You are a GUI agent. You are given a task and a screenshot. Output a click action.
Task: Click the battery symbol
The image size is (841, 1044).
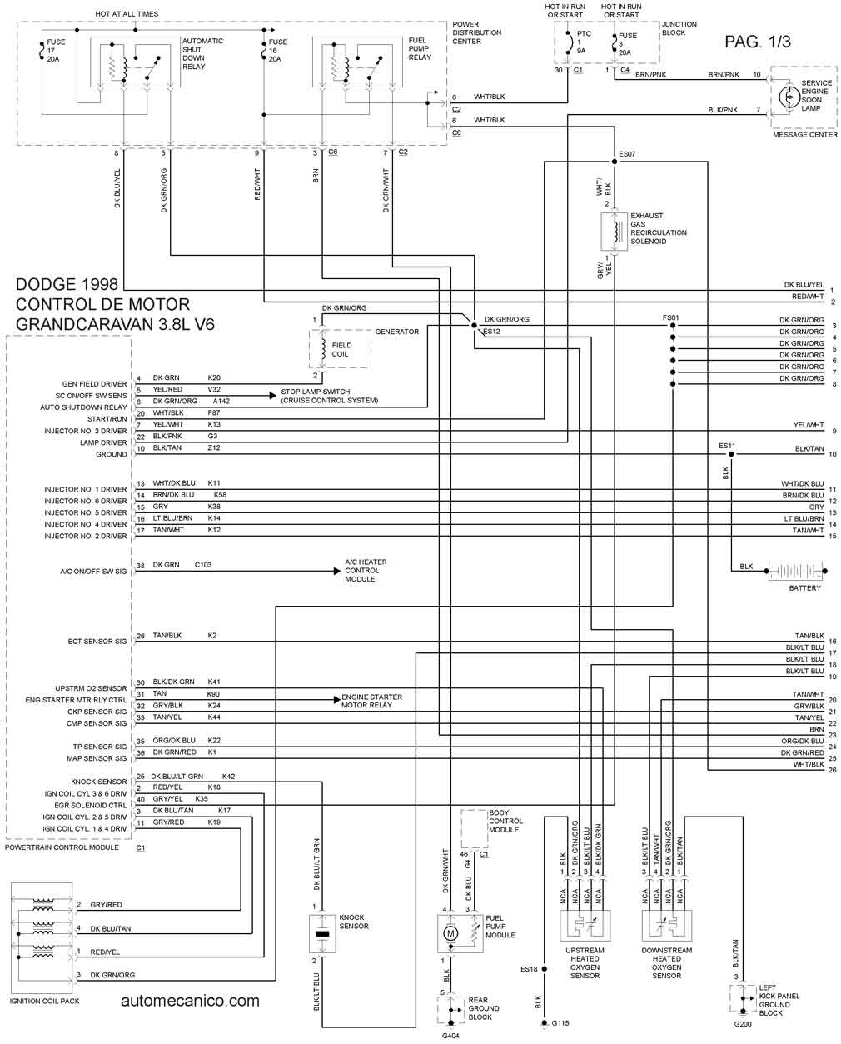[795, 571]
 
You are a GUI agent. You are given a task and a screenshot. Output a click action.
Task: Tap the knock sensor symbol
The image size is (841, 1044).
[322, 934]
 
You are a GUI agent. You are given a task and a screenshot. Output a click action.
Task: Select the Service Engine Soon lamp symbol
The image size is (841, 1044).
[789, 97]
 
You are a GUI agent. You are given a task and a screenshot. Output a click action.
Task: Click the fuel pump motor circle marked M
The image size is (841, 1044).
[450, 933]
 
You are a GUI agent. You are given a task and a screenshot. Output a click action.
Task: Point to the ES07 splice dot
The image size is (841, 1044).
[614, 161]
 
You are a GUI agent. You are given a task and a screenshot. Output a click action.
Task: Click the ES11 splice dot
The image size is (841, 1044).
[731, 454]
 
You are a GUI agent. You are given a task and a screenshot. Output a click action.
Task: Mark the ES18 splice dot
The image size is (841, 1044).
[545, 969]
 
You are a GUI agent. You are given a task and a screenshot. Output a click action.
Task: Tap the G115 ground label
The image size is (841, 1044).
[560, 1023]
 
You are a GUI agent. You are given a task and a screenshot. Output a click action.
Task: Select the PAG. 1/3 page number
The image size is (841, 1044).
[758, 42]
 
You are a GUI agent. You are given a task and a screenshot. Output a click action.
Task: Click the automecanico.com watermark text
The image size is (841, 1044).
[190, 1001]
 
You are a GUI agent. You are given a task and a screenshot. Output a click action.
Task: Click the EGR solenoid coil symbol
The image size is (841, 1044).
[615, 232]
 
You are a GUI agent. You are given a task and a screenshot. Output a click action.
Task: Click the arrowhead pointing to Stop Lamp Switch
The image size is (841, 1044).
[273, 396]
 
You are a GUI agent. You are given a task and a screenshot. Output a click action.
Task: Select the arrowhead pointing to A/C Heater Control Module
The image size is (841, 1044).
[337, 571]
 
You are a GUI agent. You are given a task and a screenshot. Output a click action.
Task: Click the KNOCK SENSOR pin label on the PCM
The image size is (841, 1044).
[98, 782]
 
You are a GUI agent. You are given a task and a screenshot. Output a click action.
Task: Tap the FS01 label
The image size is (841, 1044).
[670, 317]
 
